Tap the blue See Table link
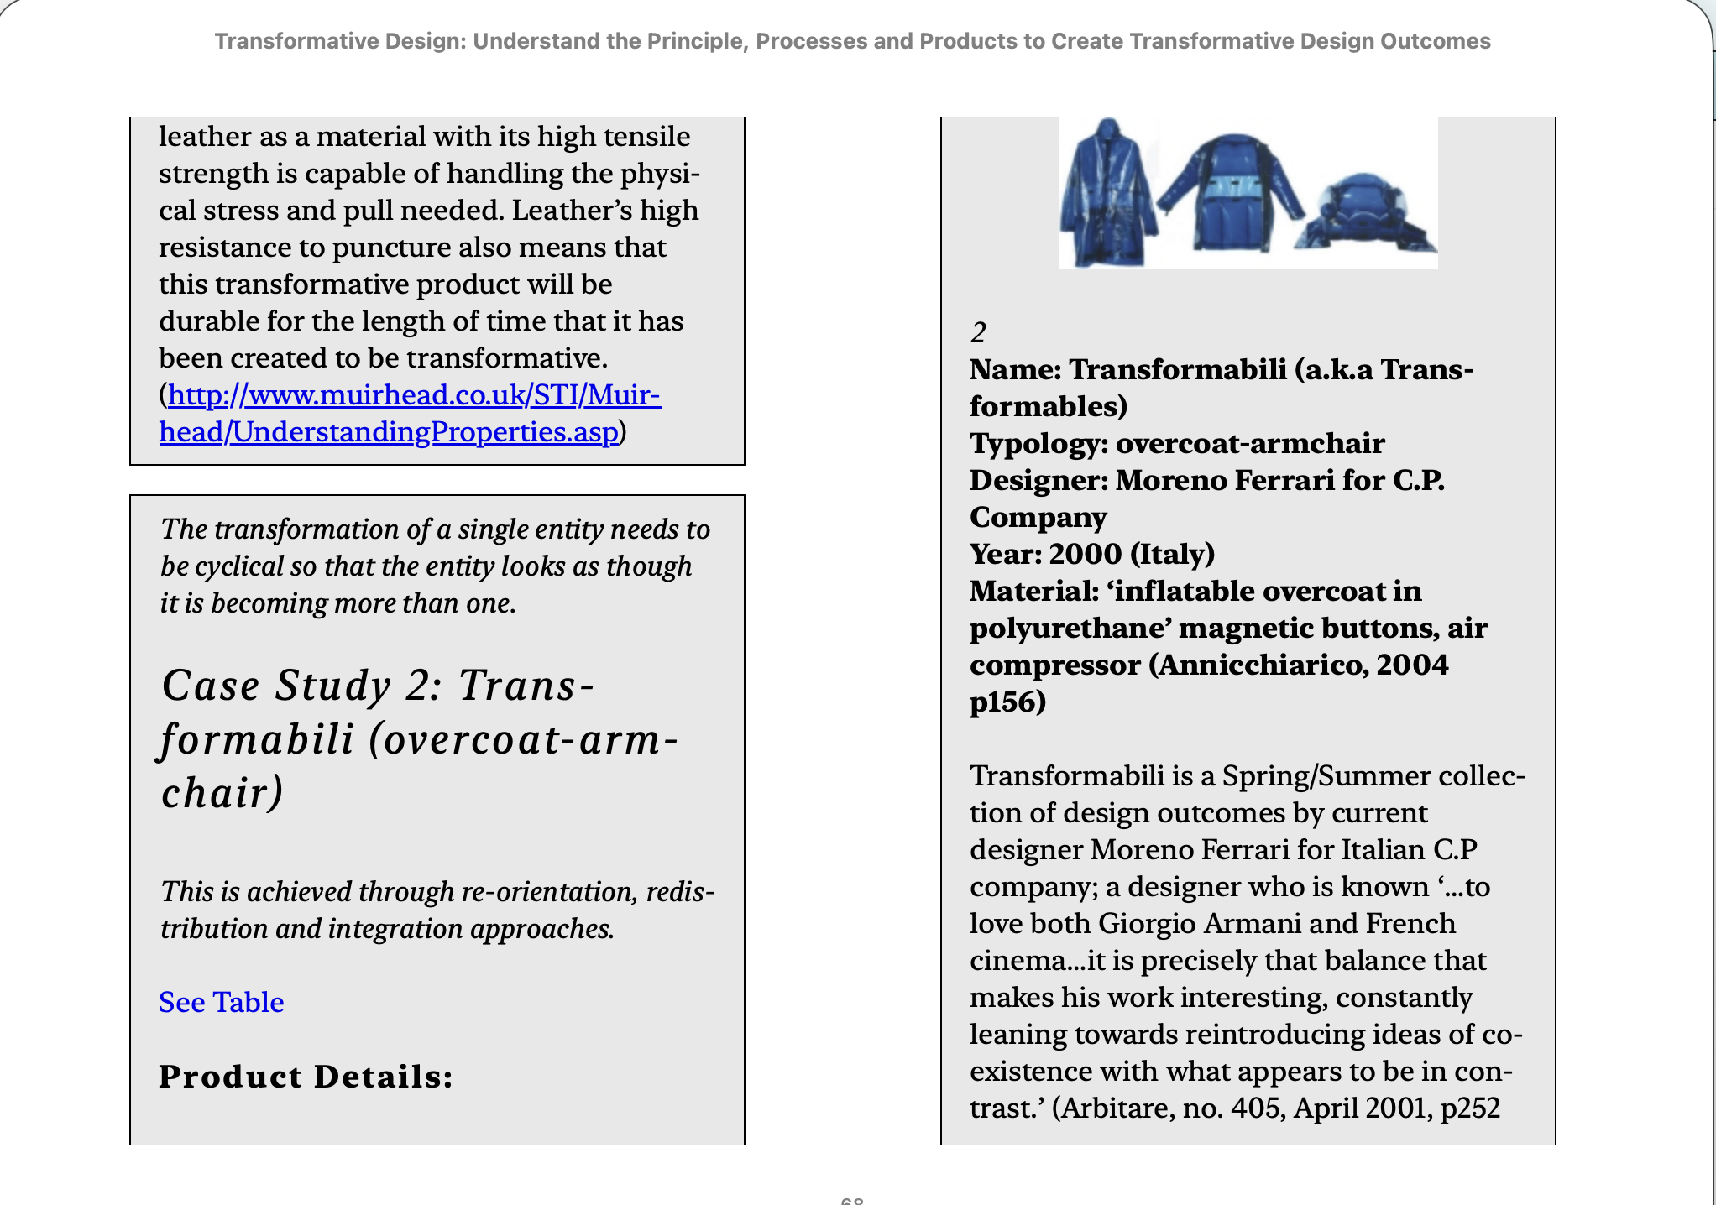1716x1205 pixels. [222, 1002]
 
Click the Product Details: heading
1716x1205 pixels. [306, 1077]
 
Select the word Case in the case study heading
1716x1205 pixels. [211, 686]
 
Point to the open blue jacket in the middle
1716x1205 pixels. [1231, 193]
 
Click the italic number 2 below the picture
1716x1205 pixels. [978, 333]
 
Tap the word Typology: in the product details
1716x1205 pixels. [1038, 443]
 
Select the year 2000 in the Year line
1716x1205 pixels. [1085, 554]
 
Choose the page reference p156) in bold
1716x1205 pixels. [1007, 702]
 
